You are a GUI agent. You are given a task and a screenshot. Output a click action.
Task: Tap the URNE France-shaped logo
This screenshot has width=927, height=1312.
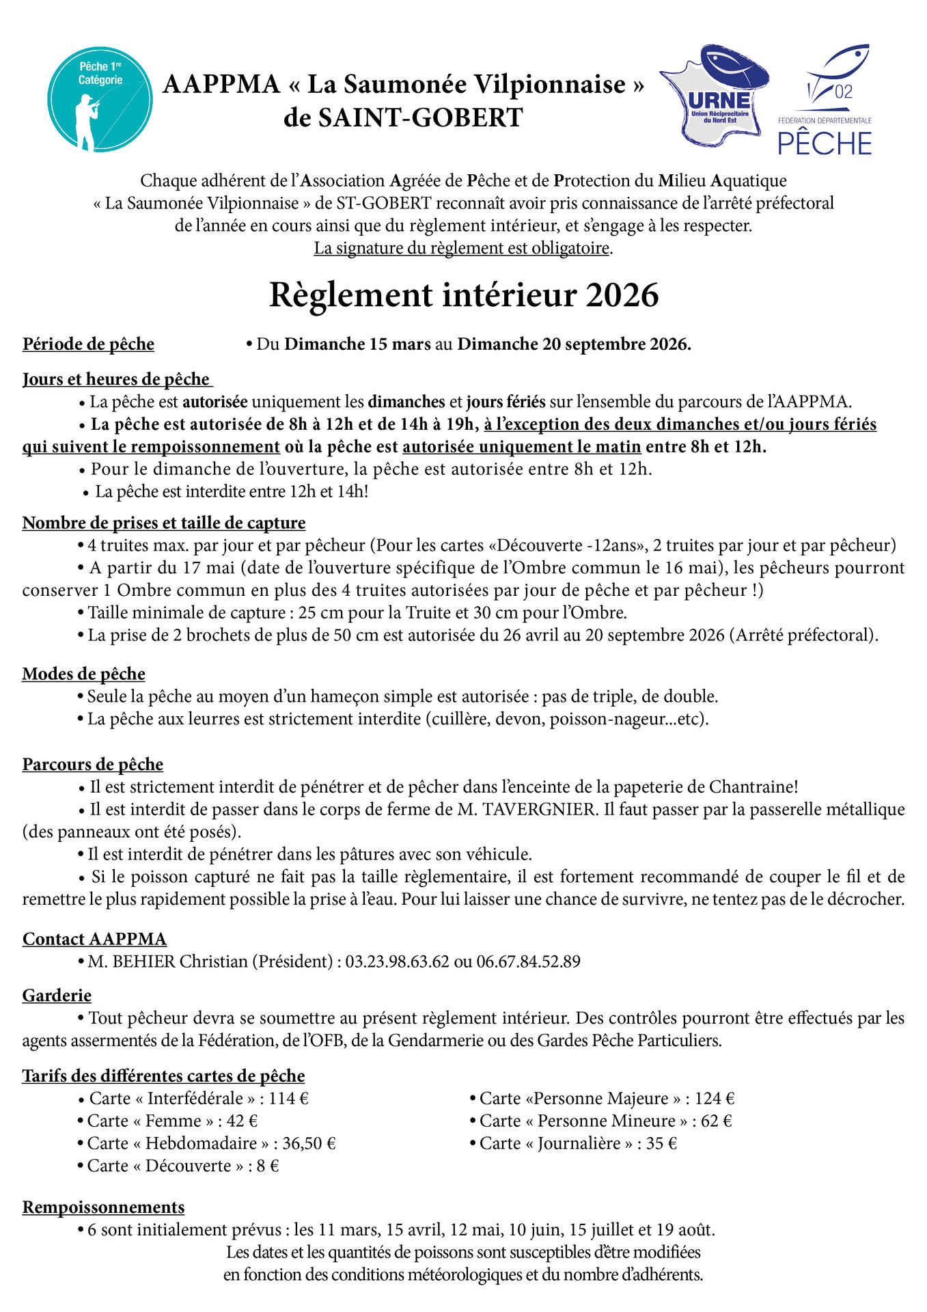[714, 96]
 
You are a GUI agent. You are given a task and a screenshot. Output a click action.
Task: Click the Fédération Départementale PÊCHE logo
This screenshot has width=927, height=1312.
[825, 102]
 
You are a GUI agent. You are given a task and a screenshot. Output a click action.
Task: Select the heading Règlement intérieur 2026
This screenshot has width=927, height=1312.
[464, 295]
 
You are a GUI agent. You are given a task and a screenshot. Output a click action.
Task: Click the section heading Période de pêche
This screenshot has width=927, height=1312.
[88, 344]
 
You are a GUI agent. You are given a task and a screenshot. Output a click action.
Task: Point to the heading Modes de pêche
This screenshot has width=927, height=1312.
[83, 674]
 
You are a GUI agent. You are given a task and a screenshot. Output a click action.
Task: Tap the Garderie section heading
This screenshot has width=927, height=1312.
[57, 995]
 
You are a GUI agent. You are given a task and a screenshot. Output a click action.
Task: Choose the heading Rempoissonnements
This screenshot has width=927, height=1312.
[103, 1207]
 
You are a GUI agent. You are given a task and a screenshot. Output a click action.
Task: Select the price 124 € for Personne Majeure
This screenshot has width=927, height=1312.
[714, 1098]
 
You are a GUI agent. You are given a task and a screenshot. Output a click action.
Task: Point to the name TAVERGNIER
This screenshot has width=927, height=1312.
[538, 809]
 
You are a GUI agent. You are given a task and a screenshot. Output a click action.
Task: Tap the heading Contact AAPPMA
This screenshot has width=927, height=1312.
[94, 939]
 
